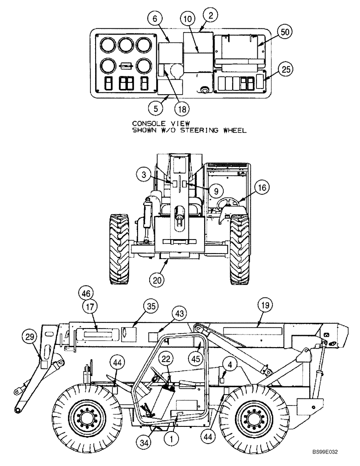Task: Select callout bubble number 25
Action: coord(286,70)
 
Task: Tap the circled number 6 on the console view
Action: coord(155,19)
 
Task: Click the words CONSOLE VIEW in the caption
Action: coord(159,123)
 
